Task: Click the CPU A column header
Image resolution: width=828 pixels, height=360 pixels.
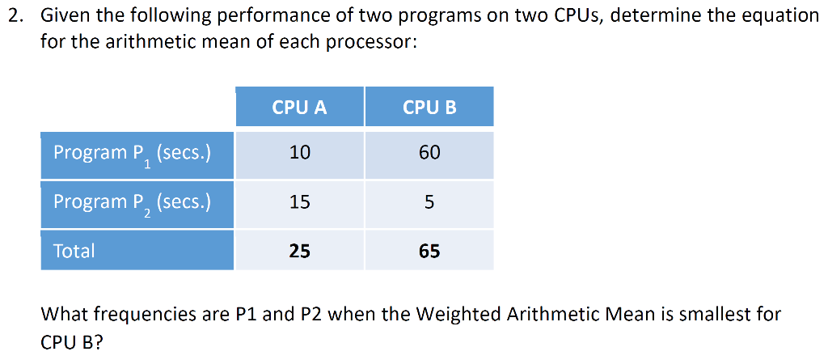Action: coord(299,107)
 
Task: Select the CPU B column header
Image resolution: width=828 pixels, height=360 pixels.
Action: coord(429,107)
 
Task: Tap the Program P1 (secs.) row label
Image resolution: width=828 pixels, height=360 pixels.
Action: coord(132,153)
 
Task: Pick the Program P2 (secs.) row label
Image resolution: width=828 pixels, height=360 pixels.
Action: coord(132,202)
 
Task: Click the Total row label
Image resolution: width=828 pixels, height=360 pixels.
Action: coord(74,251)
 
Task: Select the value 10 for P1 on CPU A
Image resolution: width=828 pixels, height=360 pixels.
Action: coord(299,152)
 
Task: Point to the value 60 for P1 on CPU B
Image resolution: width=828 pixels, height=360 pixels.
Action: coord(429,152)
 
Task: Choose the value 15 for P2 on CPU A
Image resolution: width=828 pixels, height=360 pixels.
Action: coord(299,201)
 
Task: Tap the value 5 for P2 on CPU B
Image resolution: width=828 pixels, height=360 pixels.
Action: coord(429,201)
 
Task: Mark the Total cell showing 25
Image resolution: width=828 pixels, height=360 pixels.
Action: coord(299,251)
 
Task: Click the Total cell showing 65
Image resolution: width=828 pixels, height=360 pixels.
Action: coord(429,251)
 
